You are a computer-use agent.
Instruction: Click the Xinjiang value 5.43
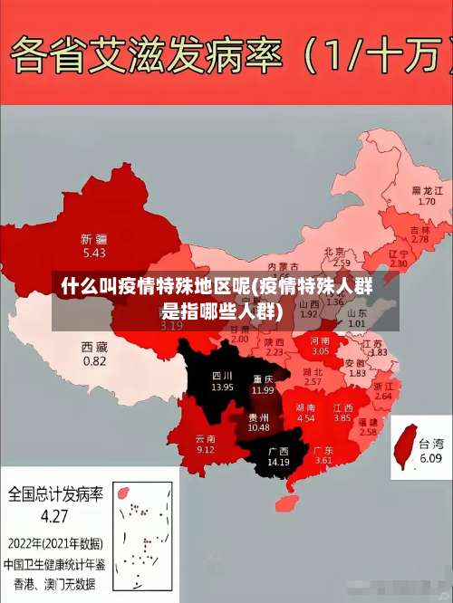click(94, 253)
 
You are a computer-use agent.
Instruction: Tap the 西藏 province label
click(94, 347)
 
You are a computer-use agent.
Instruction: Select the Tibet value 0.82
click(94, 360)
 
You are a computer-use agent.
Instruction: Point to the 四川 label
click(222, 375)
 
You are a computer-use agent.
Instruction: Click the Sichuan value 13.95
click(222, 387)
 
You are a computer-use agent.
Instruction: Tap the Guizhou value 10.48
click(258, 427)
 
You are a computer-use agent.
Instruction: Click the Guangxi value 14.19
click(278, 462)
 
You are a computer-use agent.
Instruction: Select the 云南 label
click(206, 438)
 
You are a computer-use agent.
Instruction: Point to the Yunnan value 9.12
click(206, 450)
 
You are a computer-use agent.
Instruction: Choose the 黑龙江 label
click(427, 190)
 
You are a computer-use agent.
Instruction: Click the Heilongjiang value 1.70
click(427, 201)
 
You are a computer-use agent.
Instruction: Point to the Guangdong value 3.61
click(323, 461)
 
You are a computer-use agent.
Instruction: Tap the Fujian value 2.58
click(368, 433)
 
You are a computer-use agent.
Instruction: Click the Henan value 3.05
click(321, 350)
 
